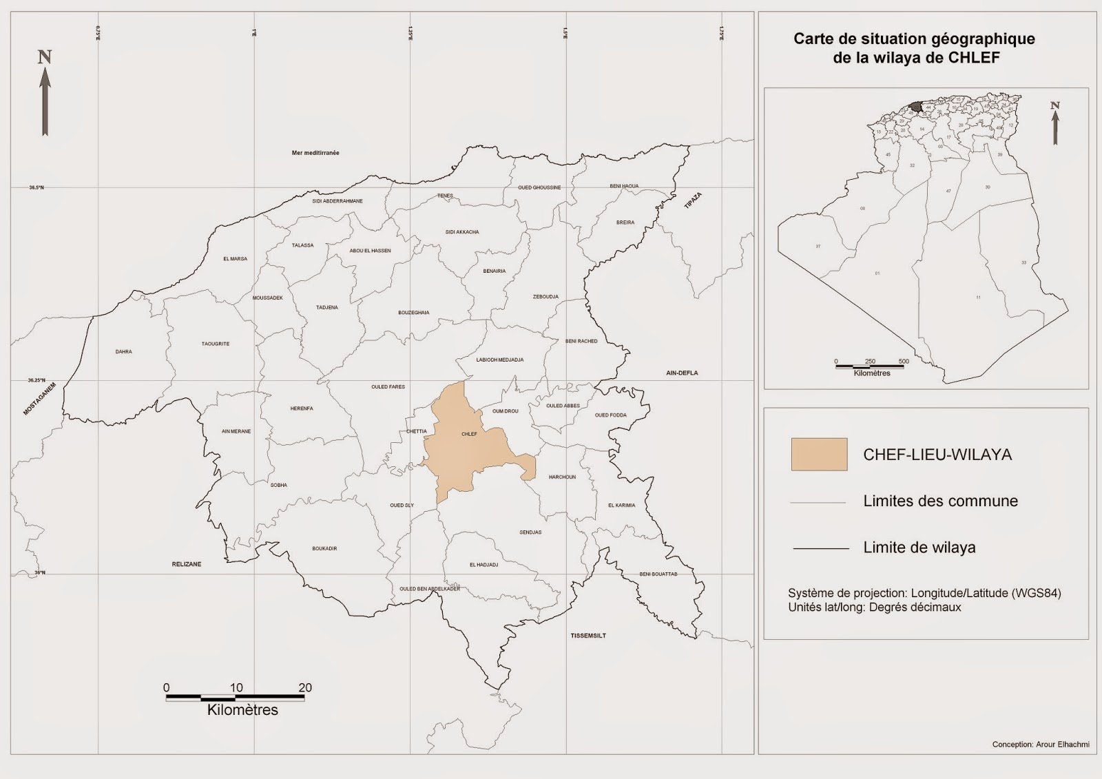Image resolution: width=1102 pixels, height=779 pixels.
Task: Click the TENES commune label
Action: [x=446, y=196]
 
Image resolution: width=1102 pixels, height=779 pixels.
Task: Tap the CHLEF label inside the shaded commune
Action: [x=469, y=434]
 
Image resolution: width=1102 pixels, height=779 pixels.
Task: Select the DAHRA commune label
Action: [x=123, y=352]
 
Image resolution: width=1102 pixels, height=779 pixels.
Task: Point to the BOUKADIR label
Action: [x=324, y=549]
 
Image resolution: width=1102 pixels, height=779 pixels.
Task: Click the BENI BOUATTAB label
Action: [x=658, y=574]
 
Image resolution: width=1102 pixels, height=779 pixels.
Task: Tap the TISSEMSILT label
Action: [x=588, y=636]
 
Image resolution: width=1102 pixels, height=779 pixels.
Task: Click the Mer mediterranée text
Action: [x=315, y=153]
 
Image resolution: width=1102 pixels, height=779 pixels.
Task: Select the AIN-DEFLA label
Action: [x=682, y=373]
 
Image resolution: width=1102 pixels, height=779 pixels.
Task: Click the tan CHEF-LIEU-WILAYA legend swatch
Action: [x=819, y=455]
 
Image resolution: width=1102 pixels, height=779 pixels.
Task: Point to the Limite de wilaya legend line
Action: [x=820, y=548]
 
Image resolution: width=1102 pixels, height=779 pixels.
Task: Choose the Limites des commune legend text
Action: [x=940, y=501]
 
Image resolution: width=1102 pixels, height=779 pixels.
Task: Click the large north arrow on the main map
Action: [x=45, y=93]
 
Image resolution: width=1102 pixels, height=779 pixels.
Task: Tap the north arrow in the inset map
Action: [x=1054, y=124]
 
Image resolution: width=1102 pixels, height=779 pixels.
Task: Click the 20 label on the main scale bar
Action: [x=304, y=687]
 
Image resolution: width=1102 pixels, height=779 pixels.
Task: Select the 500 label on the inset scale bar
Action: [x=904, y=362]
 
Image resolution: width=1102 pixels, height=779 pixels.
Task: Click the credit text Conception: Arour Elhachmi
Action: [x=1041, y=745]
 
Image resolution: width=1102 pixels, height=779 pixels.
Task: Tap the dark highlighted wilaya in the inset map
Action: [x=916, y=107]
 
